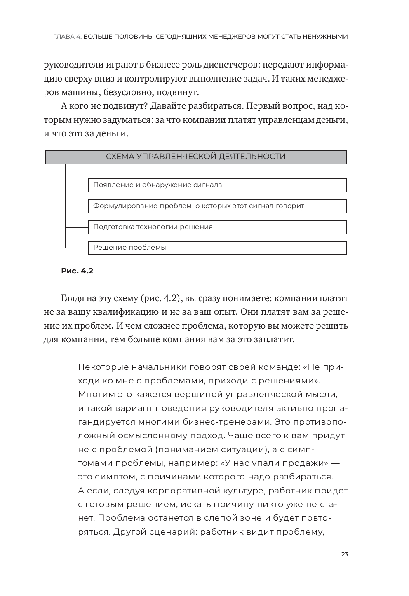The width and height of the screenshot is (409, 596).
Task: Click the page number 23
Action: pos(345,554)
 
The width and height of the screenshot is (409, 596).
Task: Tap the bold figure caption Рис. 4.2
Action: pos(77,271)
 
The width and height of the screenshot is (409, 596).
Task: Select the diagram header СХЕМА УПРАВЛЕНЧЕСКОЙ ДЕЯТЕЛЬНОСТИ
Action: pos(196,157)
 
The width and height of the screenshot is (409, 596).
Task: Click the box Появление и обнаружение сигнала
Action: pos(217,185)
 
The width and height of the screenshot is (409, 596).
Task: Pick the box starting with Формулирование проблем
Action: pos(217,206)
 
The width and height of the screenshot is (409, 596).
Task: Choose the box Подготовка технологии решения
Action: pos(217,227)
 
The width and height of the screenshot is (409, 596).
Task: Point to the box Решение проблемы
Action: pos(217,248)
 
